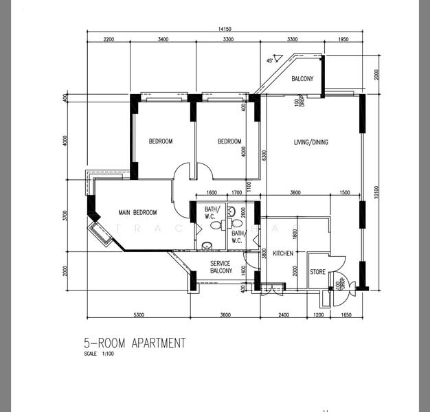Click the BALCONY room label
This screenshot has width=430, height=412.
pos(302,79)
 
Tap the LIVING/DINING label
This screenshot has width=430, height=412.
pos(311,143)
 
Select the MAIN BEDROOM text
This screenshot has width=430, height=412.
pos(137,213)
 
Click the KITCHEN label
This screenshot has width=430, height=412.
pos(283,254)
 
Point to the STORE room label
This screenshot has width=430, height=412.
pos(317,273)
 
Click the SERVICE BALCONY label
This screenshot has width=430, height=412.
pos(221,267)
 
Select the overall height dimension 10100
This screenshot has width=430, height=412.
pos(376,195)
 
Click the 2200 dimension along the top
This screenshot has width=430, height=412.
pos(108,39)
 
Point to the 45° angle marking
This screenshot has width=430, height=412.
pos(270,60)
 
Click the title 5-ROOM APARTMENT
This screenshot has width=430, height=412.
pos(135,343)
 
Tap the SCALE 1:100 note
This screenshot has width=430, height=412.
pos(98,354)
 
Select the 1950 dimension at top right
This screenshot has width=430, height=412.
pos(343,39)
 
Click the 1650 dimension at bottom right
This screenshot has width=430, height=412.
pos(346,315)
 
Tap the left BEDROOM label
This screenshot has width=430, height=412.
pos(161,141)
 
